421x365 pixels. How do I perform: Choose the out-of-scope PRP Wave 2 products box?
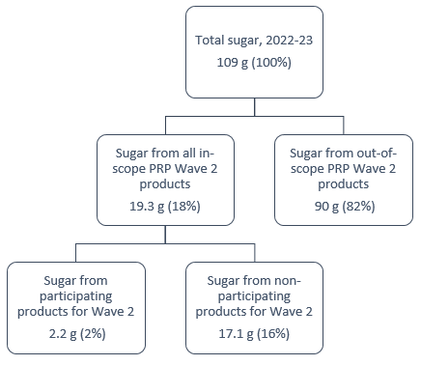tap(340, 178)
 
